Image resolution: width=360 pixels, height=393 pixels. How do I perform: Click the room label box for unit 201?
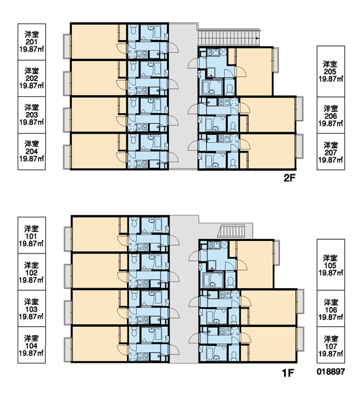tap(31, 42)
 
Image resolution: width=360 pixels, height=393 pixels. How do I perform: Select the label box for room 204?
tap(31, 151)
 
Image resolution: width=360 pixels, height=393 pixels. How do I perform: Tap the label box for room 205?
tap(331, 71)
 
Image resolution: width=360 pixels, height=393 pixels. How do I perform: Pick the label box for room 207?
tap(331, 152)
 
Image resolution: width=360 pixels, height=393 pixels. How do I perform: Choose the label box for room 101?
tap(31, 235)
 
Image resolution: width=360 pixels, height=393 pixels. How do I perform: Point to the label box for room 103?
tap(31, 309)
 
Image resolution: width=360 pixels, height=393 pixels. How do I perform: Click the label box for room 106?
tap(331, 309)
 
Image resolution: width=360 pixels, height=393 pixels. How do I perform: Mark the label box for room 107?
tap(331, 345)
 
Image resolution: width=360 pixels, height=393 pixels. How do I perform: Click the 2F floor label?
tap(289, 178)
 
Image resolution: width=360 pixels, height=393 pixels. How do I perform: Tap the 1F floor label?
tap(288, 373)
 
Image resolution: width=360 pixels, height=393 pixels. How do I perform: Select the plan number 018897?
tap(331, 371)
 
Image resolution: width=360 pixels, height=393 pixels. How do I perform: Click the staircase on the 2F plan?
tap(228, 37)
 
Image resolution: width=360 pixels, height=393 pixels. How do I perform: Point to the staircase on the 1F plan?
tap(232, 231)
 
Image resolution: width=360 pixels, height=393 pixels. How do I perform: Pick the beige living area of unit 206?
tap(269, 115)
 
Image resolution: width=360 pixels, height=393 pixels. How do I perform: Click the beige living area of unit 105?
tap(255, 265)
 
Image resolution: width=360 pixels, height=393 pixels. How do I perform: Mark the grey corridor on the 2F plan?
tap(183, 96)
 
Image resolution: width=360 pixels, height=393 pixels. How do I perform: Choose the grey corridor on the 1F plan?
tap(184, 289)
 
